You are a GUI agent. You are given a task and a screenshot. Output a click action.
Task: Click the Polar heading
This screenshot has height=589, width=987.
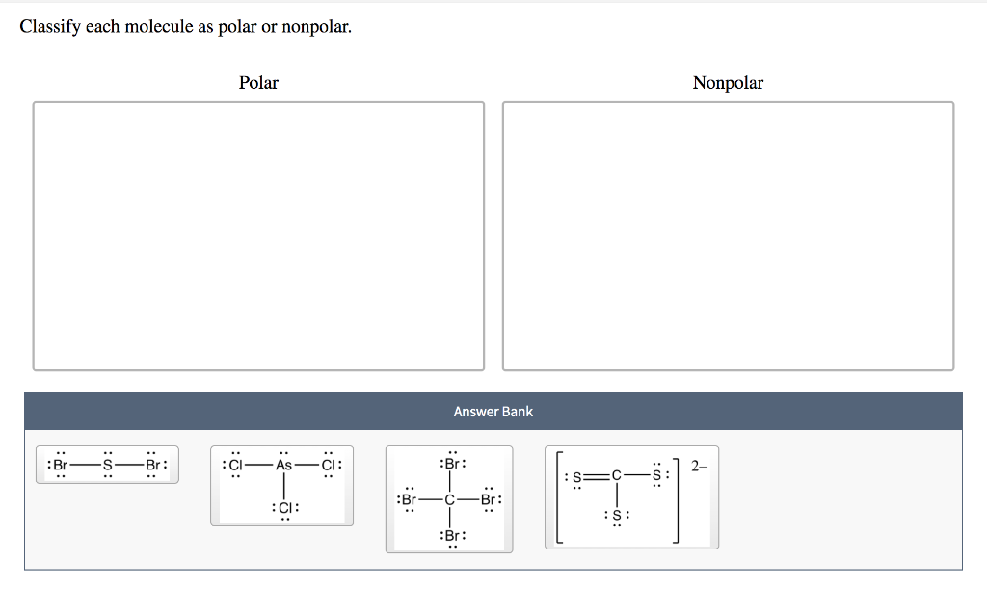click(x=258, y=83)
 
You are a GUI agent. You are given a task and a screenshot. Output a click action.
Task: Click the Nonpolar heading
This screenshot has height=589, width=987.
click(x=728, y=83)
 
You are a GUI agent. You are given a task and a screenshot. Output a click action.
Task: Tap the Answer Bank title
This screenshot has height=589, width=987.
click(x=493, y=412)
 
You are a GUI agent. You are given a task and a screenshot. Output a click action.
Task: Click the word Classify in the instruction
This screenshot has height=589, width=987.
click(x=50, y=27)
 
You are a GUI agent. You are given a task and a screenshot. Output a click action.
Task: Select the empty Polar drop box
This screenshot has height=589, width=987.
click(x=258, y=235)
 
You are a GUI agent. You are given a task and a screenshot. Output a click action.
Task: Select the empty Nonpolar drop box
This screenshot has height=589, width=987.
click(x=728, y=235)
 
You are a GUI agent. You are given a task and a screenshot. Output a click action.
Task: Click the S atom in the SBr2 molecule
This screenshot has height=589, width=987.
click(x=109, y=465)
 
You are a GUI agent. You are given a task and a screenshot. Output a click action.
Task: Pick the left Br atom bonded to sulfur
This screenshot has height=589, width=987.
click(x=60, y=465)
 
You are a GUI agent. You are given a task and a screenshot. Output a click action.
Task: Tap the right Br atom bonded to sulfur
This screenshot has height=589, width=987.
click(x=153, y=465)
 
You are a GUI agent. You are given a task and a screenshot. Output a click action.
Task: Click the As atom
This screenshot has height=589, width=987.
click(x=283, y=465)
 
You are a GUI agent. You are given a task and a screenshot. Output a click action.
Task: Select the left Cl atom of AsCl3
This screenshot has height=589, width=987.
click(x=235, y=465)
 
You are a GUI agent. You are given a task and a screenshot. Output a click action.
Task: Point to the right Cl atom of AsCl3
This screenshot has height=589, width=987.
click(x=329, y=465)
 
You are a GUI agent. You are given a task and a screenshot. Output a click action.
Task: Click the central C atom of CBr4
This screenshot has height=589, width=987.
click(x=449, y=500)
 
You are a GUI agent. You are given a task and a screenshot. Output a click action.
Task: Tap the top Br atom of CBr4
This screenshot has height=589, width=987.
click(x=450, y=463)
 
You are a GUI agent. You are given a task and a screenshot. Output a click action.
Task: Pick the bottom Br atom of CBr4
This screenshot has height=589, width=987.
click(x=450, y=536)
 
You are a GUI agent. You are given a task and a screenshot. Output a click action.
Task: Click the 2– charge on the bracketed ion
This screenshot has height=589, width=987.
click(x=699, y=466)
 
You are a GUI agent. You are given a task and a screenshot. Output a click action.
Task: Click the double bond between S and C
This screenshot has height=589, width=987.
click(x=596, y=475)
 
